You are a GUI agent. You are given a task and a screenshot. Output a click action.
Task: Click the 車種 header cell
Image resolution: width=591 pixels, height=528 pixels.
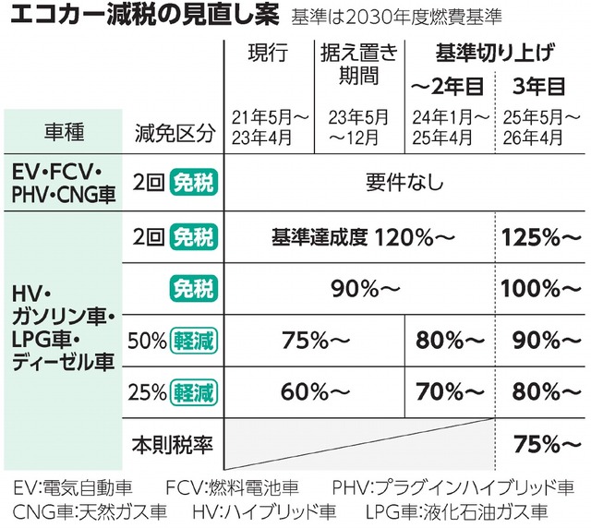coord(63,131)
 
